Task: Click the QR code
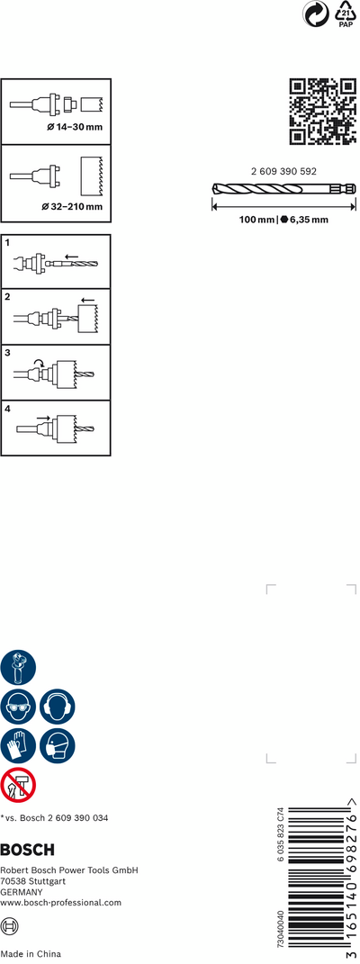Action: coord(322,112)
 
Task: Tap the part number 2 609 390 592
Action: coord(283,172)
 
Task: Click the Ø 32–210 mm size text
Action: coord(72,207)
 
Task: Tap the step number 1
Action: coord(8,243)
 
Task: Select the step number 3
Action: coord(8,354)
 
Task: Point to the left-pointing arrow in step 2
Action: coord(87,301)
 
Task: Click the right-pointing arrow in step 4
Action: coord(43,418)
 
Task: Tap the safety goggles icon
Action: coord(18,707)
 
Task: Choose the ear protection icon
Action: coord(58,707)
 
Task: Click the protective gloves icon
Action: coord(18,746)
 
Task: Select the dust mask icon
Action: coord(58,746)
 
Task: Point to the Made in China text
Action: coord(31,954)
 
